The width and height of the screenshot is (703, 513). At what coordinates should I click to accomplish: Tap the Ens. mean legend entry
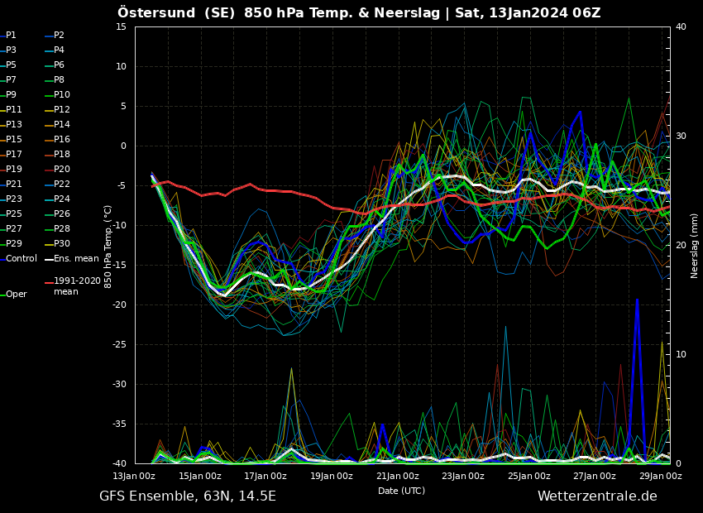(x=72, y=258)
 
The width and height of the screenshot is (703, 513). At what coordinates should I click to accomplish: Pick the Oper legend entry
(x=13, y=294)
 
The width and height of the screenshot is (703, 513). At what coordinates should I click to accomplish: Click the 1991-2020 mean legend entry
(x=73, y=286)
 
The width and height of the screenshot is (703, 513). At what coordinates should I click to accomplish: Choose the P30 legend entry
(x=57, y=243)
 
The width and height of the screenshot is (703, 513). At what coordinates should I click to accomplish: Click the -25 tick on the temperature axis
(x=119, y=344)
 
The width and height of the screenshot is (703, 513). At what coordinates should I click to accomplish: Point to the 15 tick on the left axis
(x=121, y=26)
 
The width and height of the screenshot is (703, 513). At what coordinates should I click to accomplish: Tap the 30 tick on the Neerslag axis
(x=681, y=136)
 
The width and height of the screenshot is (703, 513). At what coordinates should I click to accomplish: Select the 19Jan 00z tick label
(x=332, y=476)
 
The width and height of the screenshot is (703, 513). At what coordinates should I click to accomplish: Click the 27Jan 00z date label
(x=595, y=476)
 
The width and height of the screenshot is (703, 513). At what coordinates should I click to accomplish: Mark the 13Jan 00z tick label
(x=134, y=476)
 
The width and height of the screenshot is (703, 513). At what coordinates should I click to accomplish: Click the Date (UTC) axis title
(x=401, y=491)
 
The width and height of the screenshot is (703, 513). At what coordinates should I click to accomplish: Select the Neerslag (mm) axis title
(x=695, y=246)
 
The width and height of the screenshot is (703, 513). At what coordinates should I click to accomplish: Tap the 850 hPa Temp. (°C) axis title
(x=108, y=247)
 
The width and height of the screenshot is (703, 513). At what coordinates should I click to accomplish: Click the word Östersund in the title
(x=156, y=12)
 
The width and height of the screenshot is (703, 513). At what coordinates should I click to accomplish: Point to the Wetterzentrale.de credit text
(x=597, y=496)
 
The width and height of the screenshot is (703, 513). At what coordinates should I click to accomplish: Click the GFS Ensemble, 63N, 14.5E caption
(x=188, y=496)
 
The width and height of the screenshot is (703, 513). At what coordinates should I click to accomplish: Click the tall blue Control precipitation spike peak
(x=637, y=299)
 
